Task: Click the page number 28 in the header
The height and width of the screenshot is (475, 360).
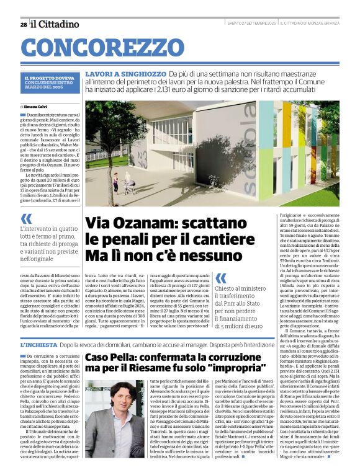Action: (x=23, y=24)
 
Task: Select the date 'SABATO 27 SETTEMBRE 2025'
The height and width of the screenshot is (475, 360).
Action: (x=251, y=24)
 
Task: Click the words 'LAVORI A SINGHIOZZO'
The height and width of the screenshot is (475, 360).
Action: (x=125, y=74)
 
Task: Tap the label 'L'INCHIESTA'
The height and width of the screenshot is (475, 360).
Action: (x=38, y=344)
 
